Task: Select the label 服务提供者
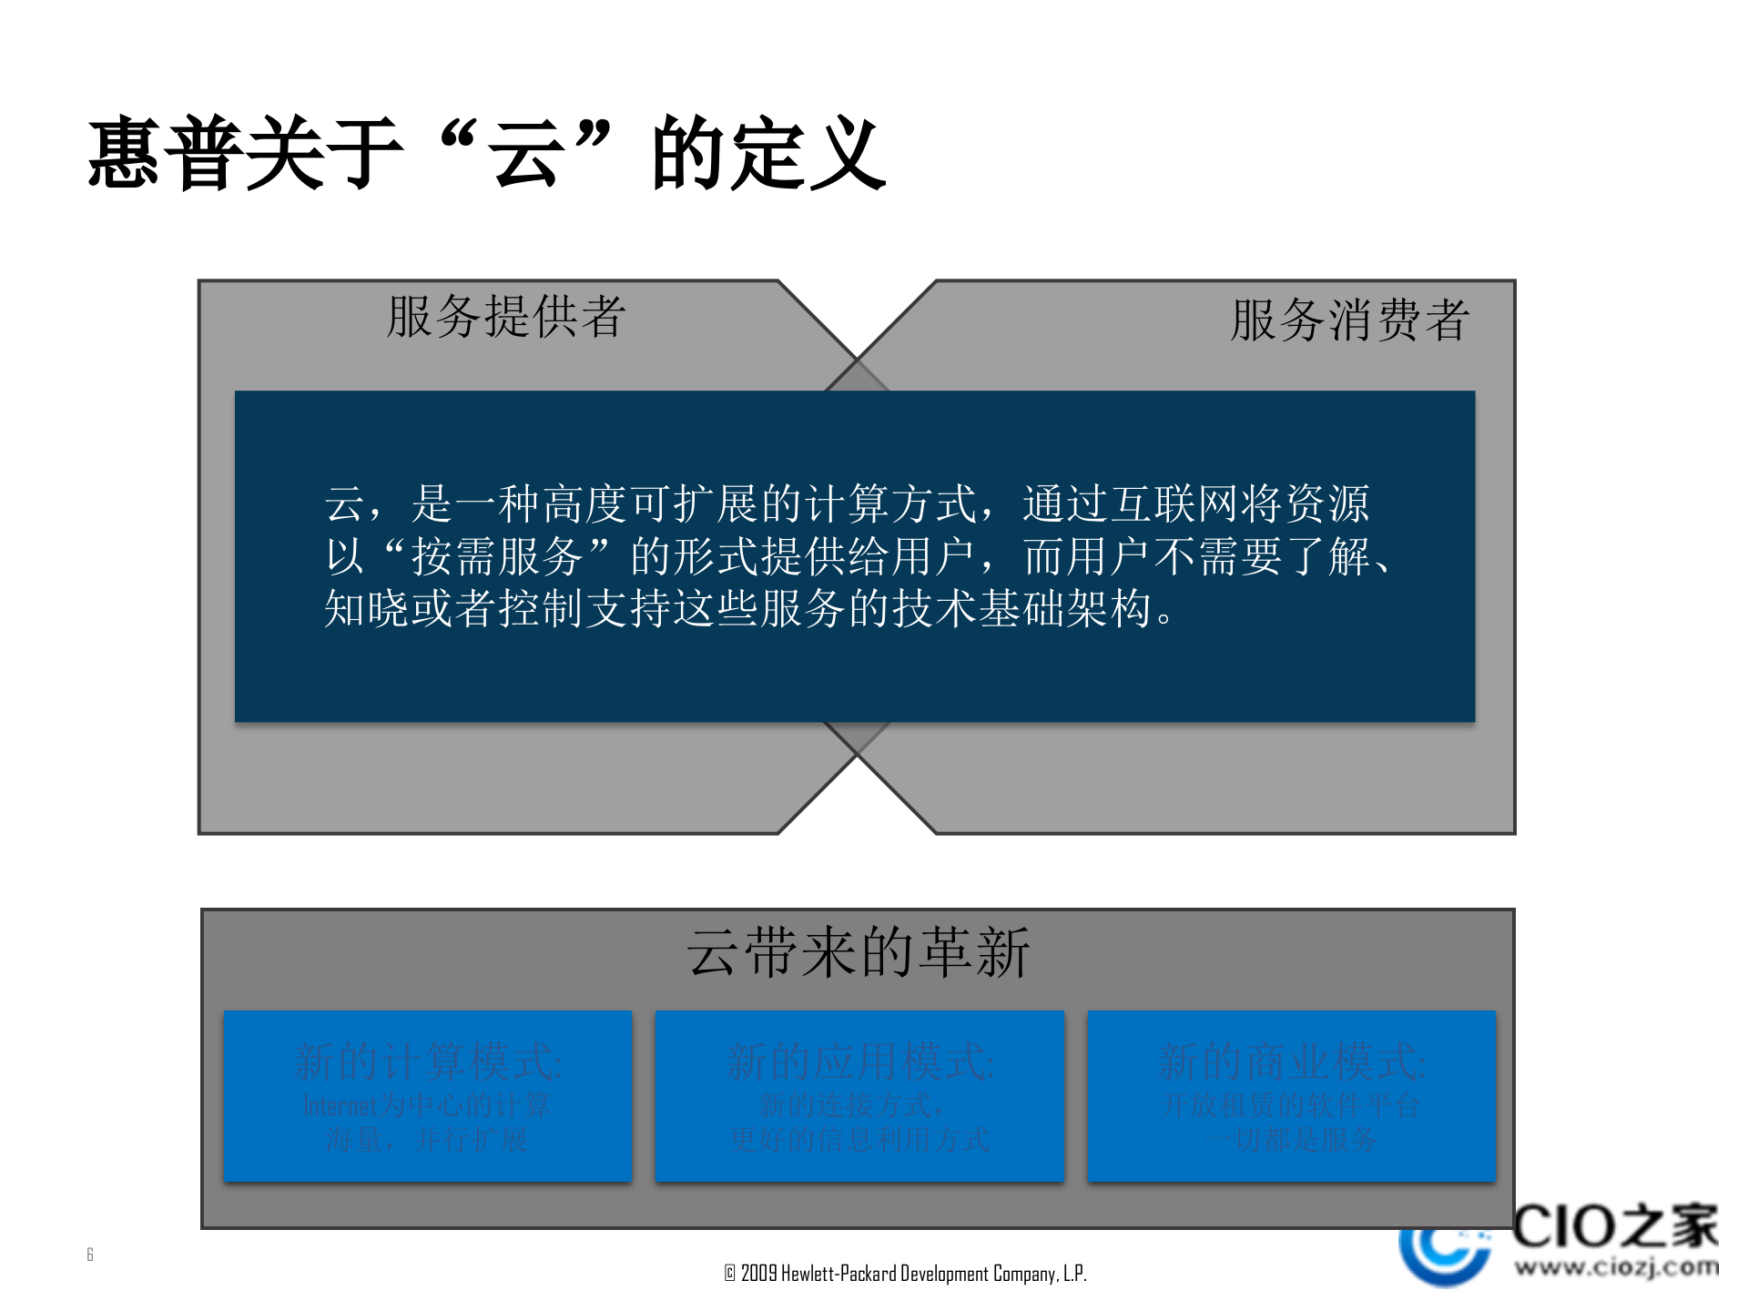(505, 317)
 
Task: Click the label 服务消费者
(1349, 320)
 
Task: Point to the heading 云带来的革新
(858, 952)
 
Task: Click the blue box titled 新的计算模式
(427, 1095)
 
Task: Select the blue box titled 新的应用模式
(859, 1095)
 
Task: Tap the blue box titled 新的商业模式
(1291, 1095)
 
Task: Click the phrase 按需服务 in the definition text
(497, 556)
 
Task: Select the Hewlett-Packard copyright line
(905, 1273)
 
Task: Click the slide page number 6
(90, 1255)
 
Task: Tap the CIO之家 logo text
(1614, 1225)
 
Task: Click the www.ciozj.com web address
(1616, 1266)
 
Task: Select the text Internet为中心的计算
(426, 1105)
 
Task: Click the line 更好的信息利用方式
(859, 1139)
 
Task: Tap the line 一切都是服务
(1291, 1139)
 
